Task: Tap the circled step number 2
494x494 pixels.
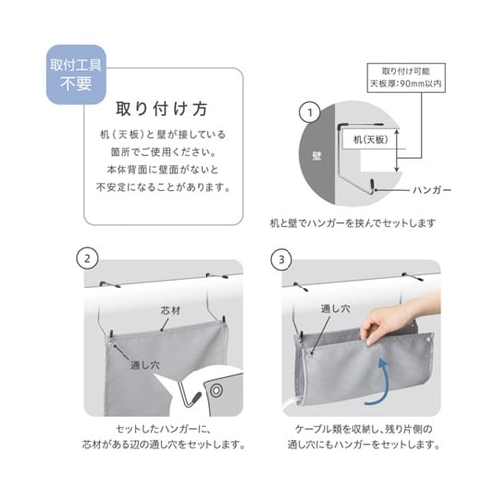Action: point(88,259)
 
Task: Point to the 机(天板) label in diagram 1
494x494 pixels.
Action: point(365,141)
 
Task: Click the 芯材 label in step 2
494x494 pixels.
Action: point(173,310)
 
